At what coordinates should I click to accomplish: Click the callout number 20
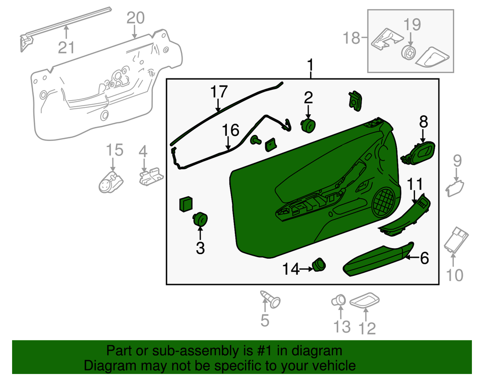pos(135,18)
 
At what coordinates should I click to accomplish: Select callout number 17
pos(219,92)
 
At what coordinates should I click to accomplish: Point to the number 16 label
pos(230,131)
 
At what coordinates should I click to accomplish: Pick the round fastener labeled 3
pos(201,219)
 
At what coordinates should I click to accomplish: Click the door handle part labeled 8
pos(418,153)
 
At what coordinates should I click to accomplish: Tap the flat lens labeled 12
pos(366,300)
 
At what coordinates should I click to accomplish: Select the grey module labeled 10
pos(457,240)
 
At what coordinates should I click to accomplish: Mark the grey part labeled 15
pos(110,180)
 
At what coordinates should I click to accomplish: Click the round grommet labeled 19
pos(409,53)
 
